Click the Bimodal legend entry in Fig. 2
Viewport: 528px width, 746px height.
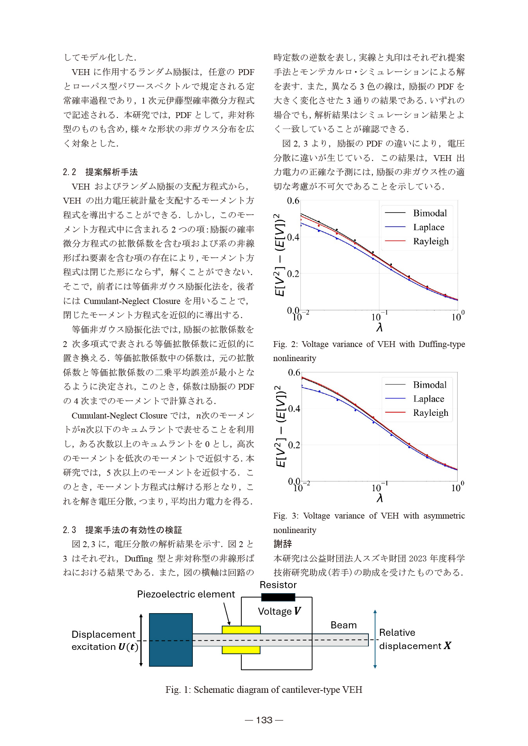tap(429, 213)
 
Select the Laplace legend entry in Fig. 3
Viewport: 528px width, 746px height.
tap(428, 399)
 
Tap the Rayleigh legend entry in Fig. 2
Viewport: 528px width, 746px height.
tap(431, 241)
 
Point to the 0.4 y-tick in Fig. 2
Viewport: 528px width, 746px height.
tap(293, 237)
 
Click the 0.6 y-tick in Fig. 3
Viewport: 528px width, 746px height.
tap(294, 372)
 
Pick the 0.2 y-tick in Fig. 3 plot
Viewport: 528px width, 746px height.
tap(294, 445)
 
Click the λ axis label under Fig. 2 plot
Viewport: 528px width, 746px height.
tap(379, 327)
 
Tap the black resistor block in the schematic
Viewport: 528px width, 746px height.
tap(278, 597)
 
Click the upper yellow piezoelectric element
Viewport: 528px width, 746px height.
tap(241, 630)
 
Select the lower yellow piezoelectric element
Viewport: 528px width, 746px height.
tap(241, 650)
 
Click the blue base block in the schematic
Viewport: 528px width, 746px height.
tap(171, 640)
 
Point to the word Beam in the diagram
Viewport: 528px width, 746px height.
tap(343, 625)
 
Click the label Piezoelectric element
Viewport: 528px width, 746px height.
tap(186, 594)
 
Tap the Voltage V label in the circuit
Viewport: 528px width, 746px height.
tap(279, 611)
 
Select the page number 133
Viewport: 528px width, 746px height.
tap(264, 720)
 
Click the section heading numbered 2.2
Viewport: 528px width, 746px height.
tap(100, 172)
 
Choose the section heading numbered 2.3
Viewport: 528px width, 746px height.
tap(122, 530)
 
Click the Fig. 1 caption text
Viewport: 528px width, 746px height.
tap(264, 689)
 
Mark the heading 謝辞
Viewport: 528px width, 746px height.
tap(282, 544)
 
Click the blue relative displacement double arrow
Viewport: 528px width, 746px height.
tap(375, 639)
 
